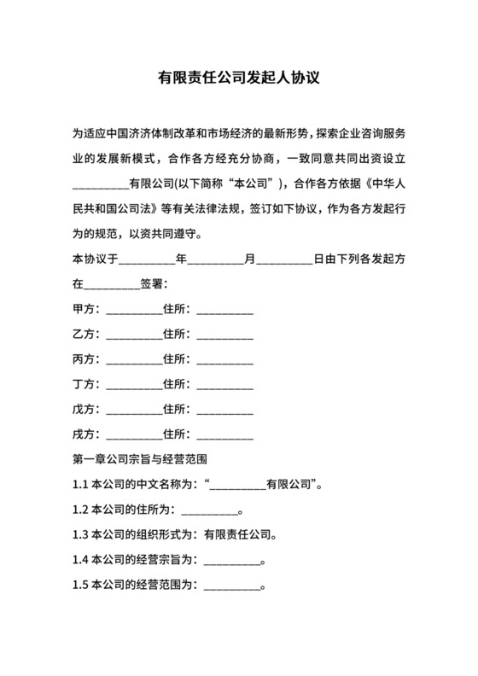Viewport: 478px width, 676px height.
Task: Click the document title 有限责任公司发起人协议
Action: point(238,79)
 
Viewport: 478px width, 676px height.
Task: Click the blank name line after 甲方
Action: point(132,311)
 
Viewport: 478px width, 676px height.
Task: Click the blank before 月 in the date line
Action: point(215,259)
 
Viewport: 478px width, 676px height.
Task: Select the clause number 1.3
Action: point(81,536)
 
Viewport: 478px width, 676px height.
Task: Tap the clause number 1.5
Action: point(81,586)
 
